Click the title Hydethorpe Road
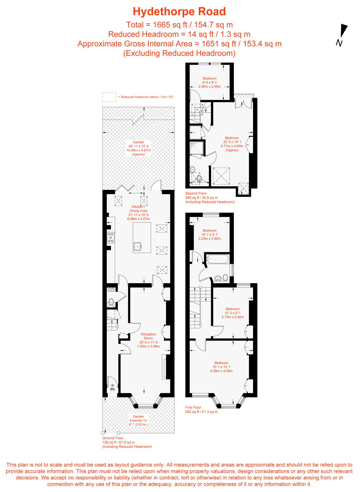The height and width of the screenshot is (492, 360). pyautogui.click(x=179, y=12)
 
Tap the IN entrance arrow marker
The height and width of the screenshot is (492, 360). pyautogui.click(x=112, y=387)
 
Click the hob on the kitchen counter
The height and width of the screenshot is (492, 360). pyautogui.click(x=111, y=238)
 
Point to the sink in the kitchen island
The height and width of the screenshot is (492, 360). pyautogui.click(x=137, y=246)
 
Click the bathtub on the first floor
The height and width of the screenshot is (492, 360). pyautogui.click(x=217, y=259)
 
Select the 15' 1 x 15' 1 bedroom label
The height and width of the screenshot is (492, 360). pyautogui.click(x=221, y=367)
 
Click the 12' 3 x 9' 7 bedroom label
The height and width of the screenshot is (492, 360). pyautogui.click(x=233, y=313)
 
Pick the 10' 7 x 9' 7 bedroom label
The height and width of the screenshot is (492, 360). pyautogui.click(x=210, y=234)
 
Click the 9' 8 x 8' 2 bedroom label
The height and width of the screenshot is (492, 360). pyautogui.click(x=210, y=82)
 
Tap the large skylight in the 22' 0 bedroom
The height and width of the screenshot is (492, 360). pyautogui.click(x=221, y=176)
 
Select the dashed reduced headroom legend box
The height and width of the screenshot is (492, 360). pyautogui.click(x=109, y=97)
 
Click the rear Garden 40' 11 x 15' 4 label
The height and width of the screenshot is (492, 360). pyautogui.click(x=138, y=148)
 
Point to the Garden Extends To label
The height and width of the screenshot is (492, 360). pyautogui.click(x=138, y=420)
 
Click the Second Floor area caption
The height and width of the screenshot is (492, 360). pyautogui.click(x=210, y=197)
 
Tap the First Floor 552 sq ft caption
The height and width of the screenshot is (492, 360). pyautogui.click(x=201, y=409)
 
